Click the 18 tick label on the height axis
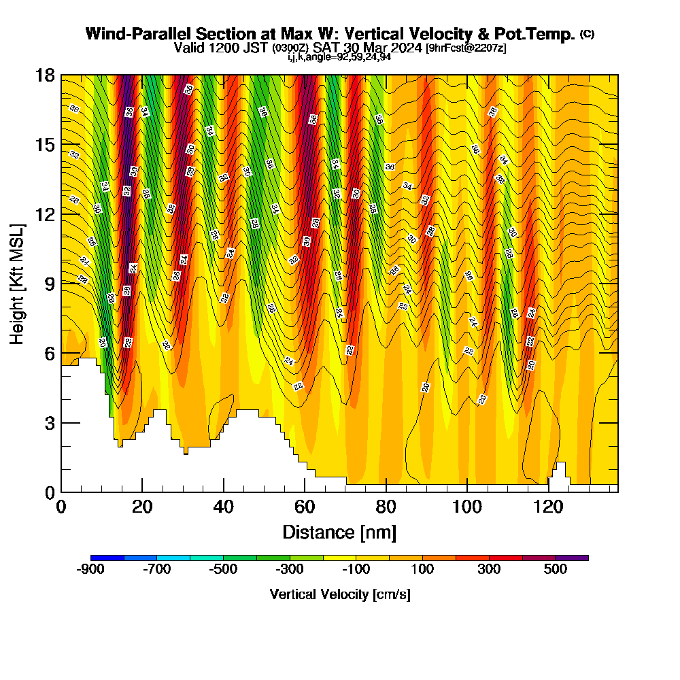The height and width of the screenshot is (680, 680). pyautogui.click(x=45, y=75)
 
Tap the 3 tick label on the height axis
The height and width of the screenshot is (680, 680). pyautogui.click(x=49, y=423)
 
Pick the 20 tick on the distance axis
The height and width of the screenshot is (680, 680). pyautogui.click(x=142, y=508)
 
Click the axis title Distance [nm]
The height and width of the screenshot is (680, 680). pyautogui.click(x=339, y=532)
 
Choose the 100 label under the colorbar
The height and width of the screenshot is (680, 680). pyautogui.click(x=422, y=570)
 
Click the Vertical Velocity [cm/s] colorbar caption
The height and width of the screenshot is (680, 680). pyautogui.click(x=339, y=594)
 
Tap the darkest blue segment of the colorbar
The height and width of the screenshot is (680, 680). pyautogui.click(x=107, y=558)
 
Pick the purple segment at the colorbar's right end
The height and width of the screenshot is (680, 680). pyautogui.click(x=572, y=558)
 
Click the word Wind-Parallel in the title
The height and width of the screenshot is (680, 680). pyautogui.click(x=129, y=34)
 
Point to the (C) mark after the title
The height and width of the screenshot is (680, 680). pyautogui.click(x=587, y=33)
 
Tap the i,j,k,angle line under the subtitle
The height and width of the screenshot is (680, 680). pyautogui.click(x=339, y=57)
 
